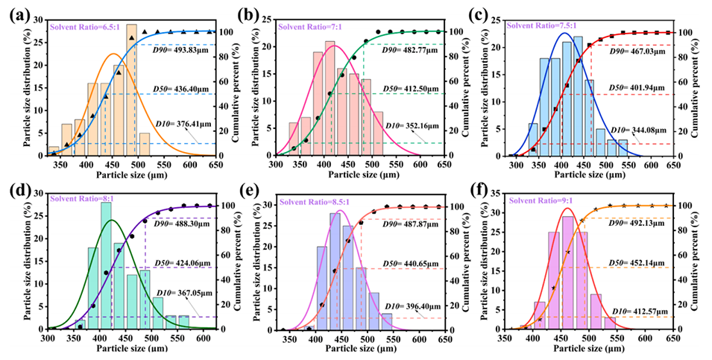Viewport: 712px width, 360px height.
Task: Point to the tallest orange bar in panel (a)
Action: point(131,89)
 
